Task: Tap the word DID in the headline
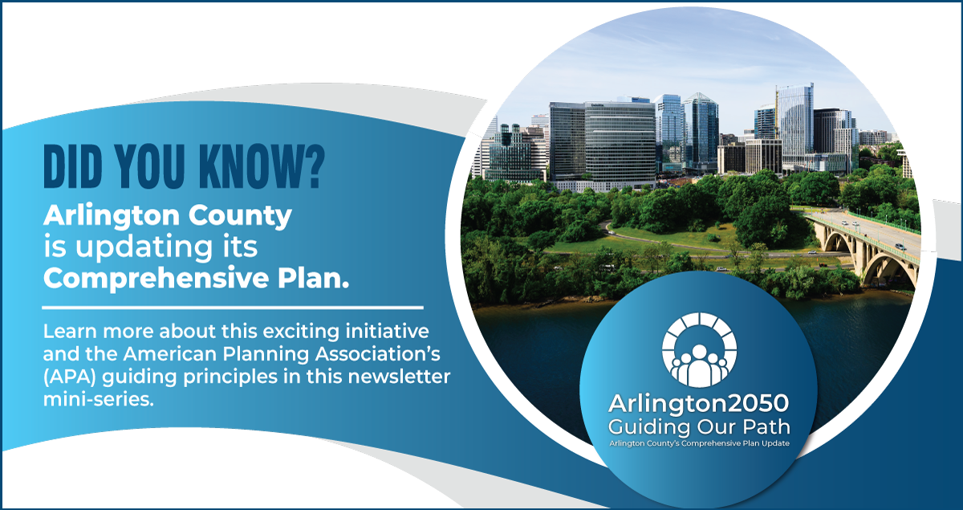coord(73,167)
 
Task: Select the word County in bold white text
coord(240,217)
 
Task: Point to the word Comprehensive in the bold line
coord(156,279)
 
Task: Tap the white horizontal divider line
coord(233,308)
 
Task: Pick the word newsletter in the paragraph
coord(399,377)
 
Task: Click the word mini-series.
coord(99,399)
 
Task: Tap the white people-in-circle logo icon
coord(699,349)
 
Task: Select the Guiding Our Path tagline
coord(699,427)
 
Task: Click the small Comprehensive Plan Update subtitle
coord(700,443)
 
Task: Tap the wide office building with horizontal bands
coord(619,142)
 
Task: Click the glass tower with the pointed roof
coord(701,129)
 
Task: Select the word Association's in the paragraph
coord(378,354)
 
